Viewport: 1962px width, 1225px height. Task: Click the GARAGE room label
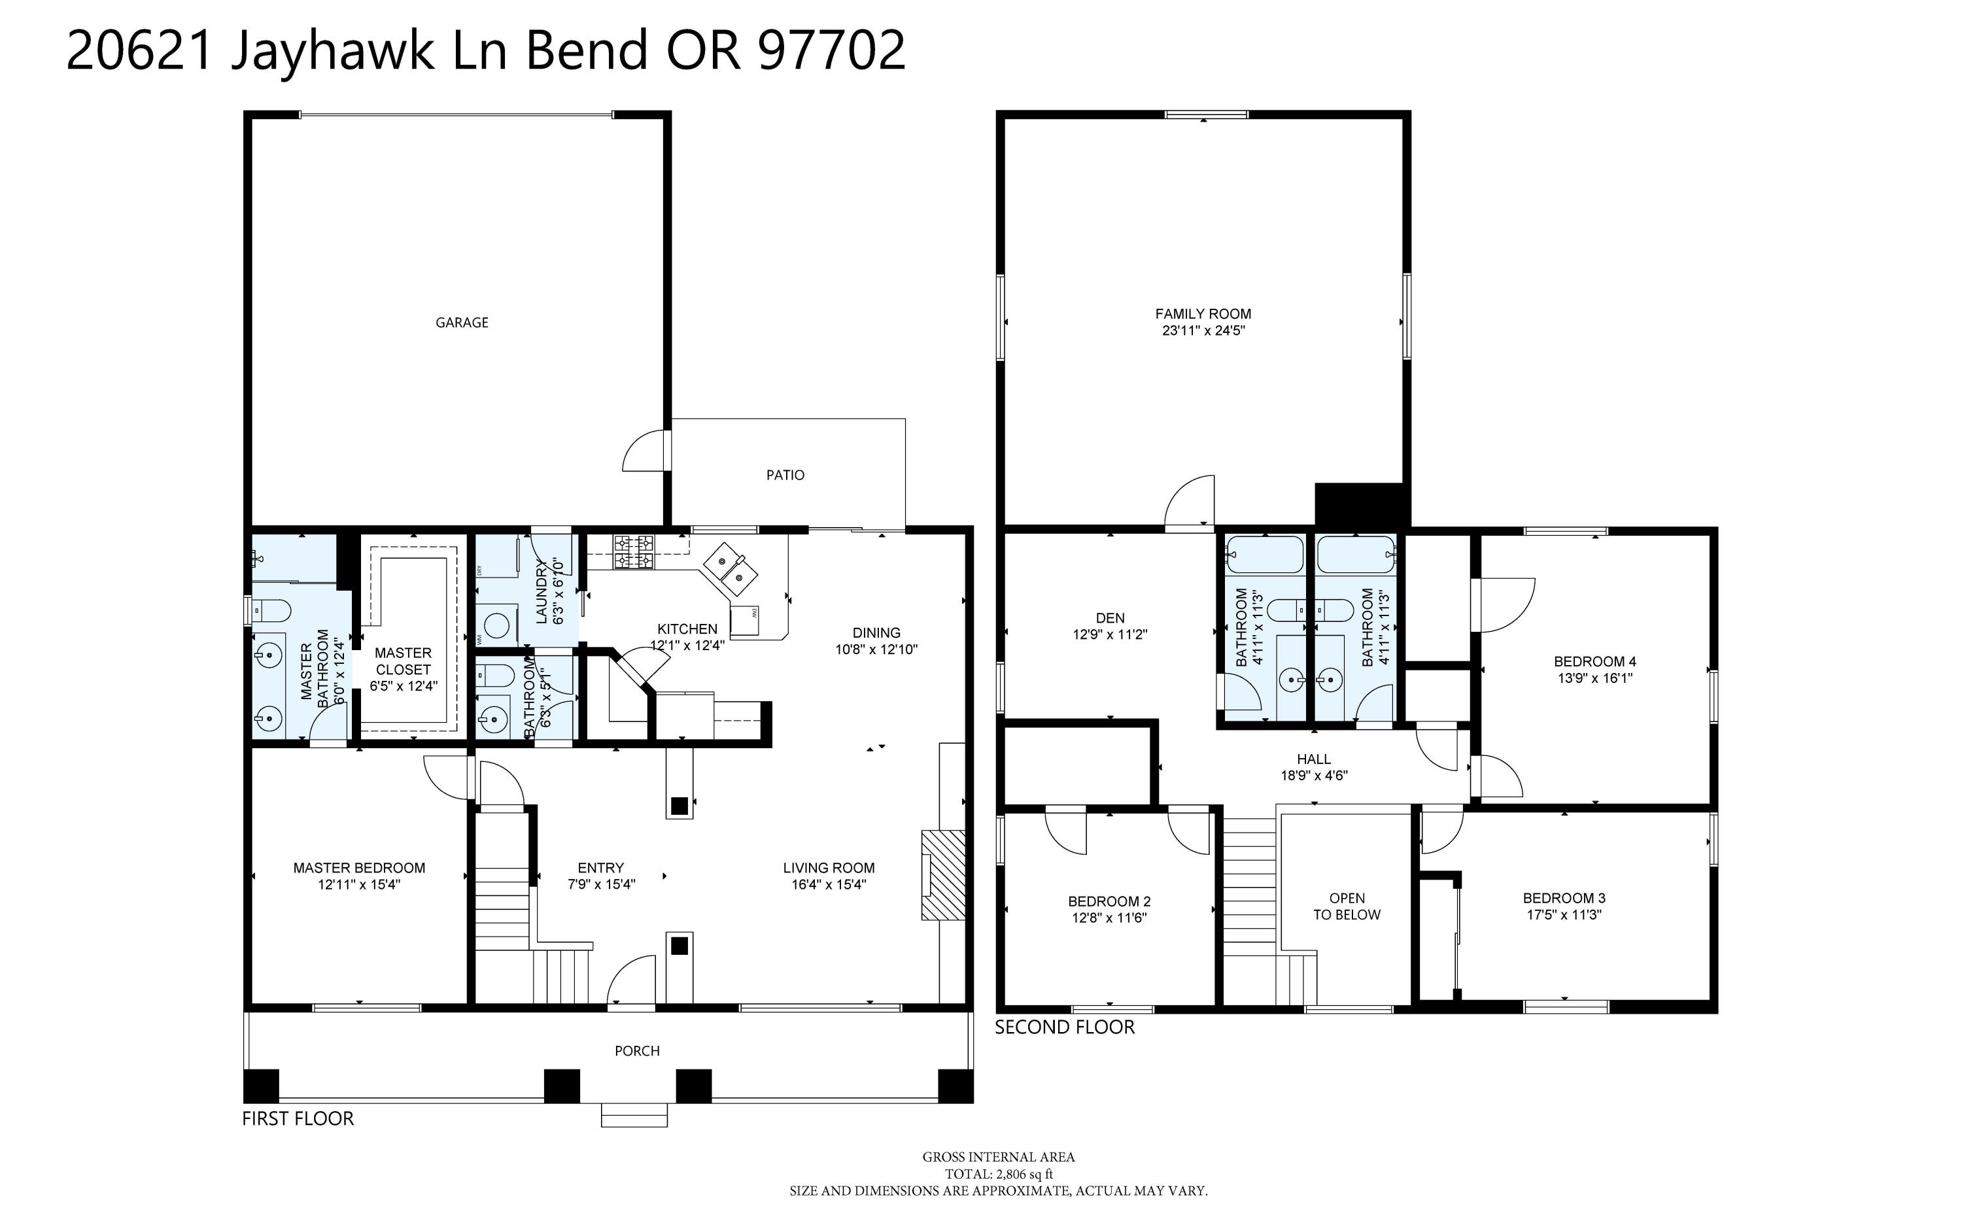(462, 322)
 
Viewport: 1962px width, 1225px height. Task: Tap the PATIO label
(785, 475)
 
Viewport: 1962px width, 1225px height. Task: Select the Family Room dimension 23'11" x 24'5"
(1203, 330)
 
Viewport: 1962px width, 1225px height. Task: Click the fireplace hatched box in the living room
(944, 875)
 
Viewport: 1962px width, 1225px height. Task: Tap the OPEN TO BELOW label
(1347, 906)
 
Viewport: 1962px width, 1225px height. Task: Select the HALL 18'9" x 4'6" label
(1313, 767)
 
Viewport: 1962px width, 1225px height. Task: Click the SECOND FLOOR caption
(1065, 1027)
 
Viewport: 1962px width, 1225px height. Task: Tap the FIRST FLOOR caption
(298, 1119)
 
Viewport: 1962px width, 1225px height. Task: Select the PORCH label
(637, 1051)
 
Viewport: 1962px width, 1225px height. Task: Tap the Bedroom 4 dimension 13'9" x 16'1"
(1594, 678)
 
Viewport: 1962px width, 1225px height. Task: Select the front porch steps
(634, 1116)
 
